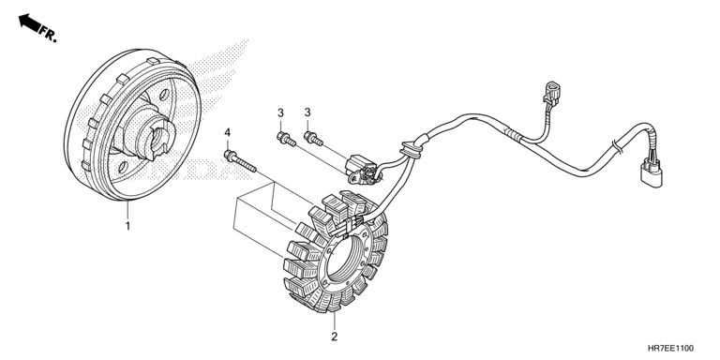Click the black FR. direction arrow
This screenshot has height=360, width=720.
(x=29, y=22)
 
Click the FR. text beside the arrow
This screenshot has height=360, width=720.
(x=48, y=35)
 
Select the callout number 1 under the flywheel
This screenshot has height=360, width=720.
(x=128, y=226)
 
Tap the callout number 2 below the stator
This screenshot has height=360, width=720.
(x=335, y=337)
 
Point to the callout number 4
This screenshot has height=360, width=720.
(x=227, y=133)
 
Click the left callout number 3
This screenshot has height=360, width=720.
(x=280, y=112)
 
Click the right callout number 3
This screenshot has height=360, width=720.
(x=307, y=112)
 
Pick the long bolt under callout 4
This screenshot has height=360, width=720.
(x=240, y=161)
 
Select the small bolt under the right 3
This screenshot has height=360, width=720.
(x=313, y=138)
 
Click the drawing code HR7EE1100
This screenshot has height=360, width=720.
(x=671, y=349)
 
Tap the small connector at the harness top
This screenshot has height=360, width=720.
(x=550, y=92)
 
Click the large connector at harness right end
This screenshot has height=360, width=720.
(x=652, y=172)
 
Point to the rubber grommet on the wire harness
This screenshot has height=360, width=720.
(x=411, y=150)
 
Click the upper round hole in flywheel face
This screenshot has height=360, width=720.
(x=162, y=96)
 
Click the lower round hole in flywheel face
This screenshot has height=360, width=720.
(x=123, y=167)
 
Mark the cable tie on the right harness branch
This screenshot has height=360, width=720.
(x=616, y=147)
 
